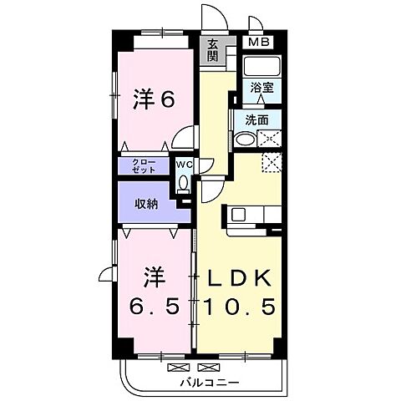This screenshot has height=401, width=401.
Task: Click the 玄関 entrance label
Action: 213,50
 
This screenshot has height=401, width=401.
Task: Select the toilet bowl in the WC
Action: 183,184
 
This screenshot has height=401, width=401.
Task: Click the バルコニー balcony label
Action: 209,382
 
